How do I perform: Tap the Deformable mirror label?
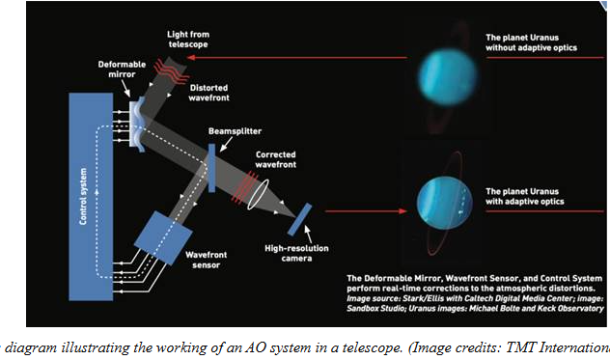(123, 71)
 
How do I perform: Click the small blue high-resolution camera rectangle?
(299, 216)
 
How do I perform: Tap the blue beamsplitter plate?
(209, 162)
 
